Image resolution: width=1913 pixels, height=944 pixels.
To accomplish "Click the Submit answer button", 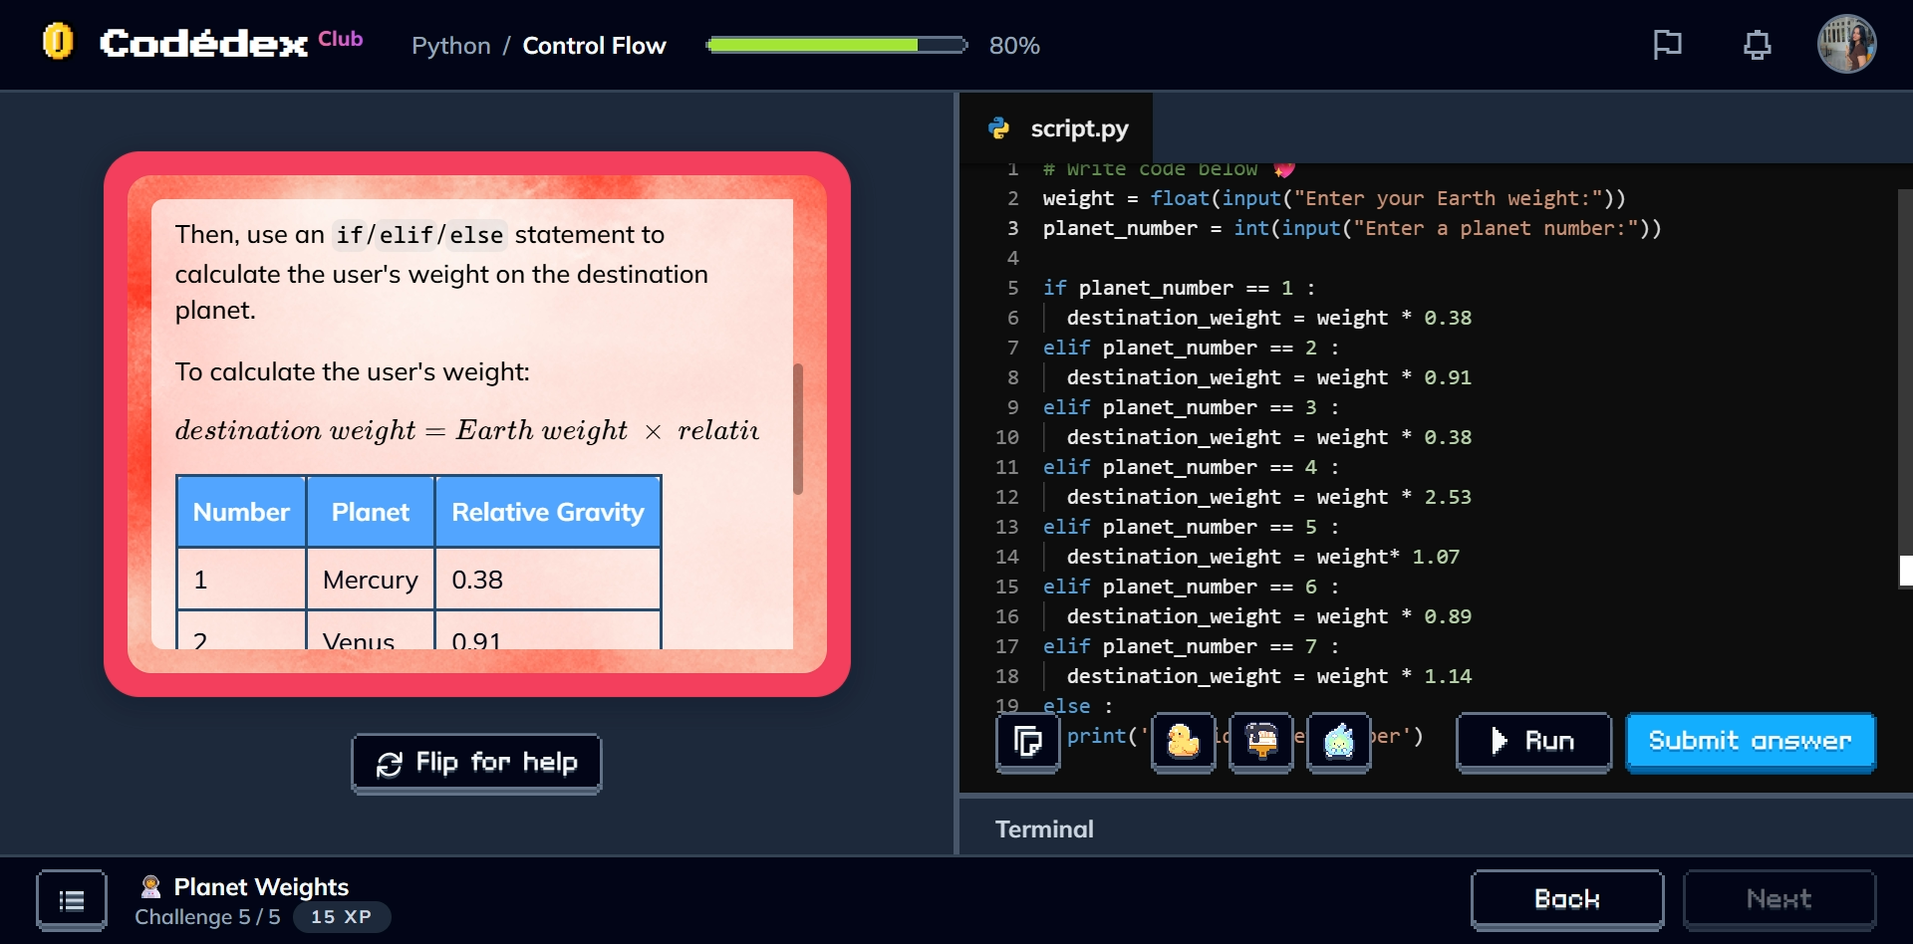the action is click(x=1750, y=742).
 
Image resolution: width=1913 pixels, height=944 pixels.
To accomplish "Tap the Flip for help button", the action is click(x=476, y=763).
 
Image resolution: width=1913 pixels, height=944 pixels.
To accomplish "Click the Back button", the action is click(x=1566, y=899).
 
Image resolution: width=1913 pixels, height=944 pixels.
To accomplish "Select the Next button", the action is click(x=1778, y=899).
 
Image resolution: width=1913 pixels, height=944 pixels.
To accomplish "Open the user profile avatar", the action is click(x=1846, y=45).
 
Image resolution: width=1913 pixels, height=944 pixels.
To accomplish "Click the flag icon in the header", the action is click(x=1667, y=45).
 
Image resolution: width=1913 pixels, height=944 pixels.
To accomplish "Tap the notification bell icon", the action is click(x=1757, y=45).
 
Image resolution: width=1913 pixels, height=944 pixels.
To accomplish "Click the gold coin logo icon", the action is click(x=58, y=42).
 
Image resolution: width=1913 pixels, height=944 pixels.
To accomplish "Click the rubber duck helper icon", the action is click(x=1183, y=742).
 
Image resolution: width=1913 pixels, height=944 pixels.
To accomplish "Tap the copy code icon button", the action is click(x=1027, y=742).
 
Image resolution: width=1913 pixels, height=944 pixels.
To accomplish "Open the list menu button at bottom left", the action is click(x=72, y=900).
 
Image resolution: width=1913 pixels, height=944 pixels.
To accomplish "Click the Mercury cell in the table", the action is click(x=370, y=580).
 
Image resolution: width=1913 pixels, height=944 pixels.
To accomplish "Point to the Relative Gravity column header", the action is click(x=548, y=512).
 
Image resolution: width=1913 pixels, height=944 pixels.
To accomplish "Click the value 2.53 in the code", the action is click(x=1447, y=497).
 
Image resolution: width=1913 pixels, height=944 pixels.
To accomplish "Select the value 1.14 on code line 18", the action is click(x=1447, y=676).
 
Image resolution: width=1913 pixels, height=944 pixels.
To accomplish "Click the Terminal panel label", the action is click(x=1044, y=828).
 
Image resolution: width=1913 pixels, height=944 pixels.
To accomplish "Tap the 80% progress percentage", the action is click(x=1014, y=46).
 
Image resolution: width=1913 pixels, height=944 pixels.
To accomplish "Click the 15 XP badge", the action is click(x=341, y=917).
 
